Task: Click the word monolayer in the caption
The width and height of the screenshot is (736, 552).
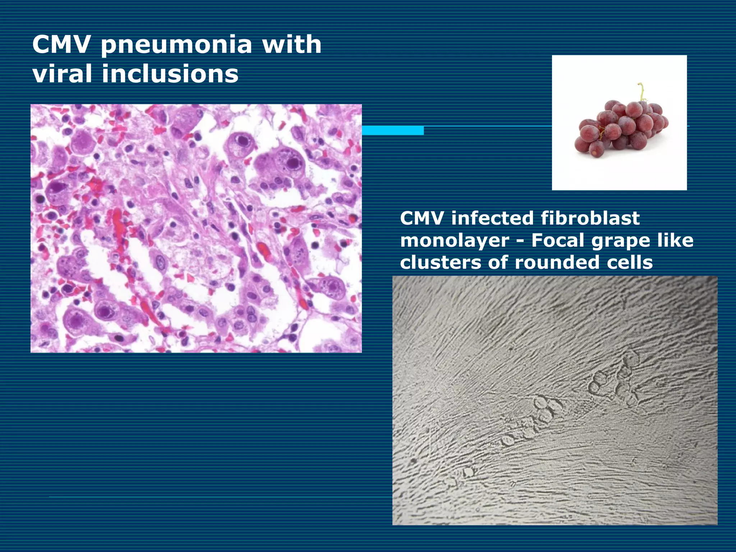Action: click(454, 240)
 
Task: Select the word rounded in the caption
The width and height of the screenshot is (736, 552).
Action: click(557, 262)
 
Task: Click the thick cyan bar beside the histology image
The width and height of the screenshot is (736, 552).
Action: click(392, 130)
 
